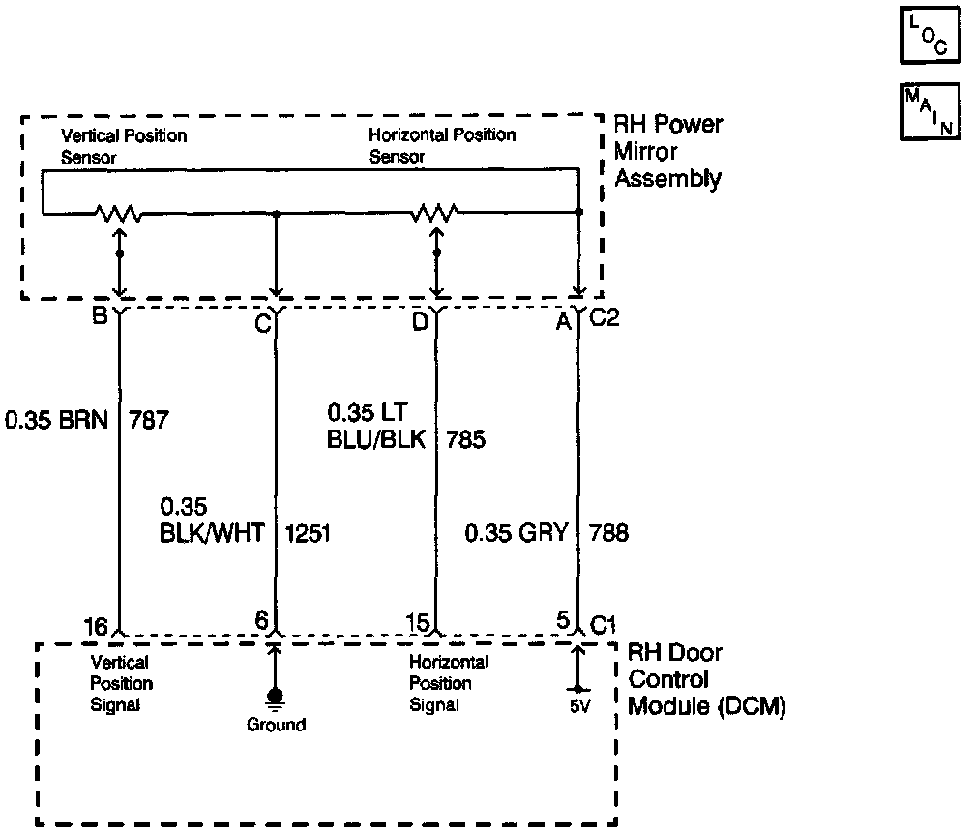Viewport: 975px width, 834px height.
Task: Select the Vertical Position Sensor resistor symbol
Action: tap(119, 212)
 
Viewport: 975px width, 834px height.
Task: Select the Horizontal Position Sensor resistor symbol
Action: tap(436, 212)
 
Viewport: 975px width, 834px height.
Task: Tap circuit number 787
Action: tap(148, 421)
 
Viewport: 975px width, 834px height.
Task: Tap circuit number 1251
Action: tap(309, 532)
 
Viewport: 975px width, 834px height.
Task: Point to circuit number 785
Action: tap(465, 440)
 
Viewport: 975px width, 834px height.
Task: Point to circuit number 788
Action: tap(607, 532)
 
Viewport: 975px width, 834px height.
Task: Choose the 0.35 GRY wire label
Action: tap(517, 532)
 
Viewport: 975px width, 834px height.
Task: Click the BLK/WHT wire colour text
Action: tap(212, 532)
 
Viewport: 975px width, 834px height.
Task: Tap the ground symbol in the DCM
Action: tap(276, 698)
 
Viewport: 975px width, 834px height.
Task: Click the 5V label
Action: tap(578, 707)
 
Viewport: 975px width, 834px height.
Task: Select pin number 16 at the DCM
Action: tap(94, 627)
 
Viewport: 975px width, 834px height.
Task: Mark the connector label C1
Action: tap(603, 626)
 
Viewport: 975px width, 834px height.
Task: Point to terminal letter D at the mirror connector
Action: tap(418, 321)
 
